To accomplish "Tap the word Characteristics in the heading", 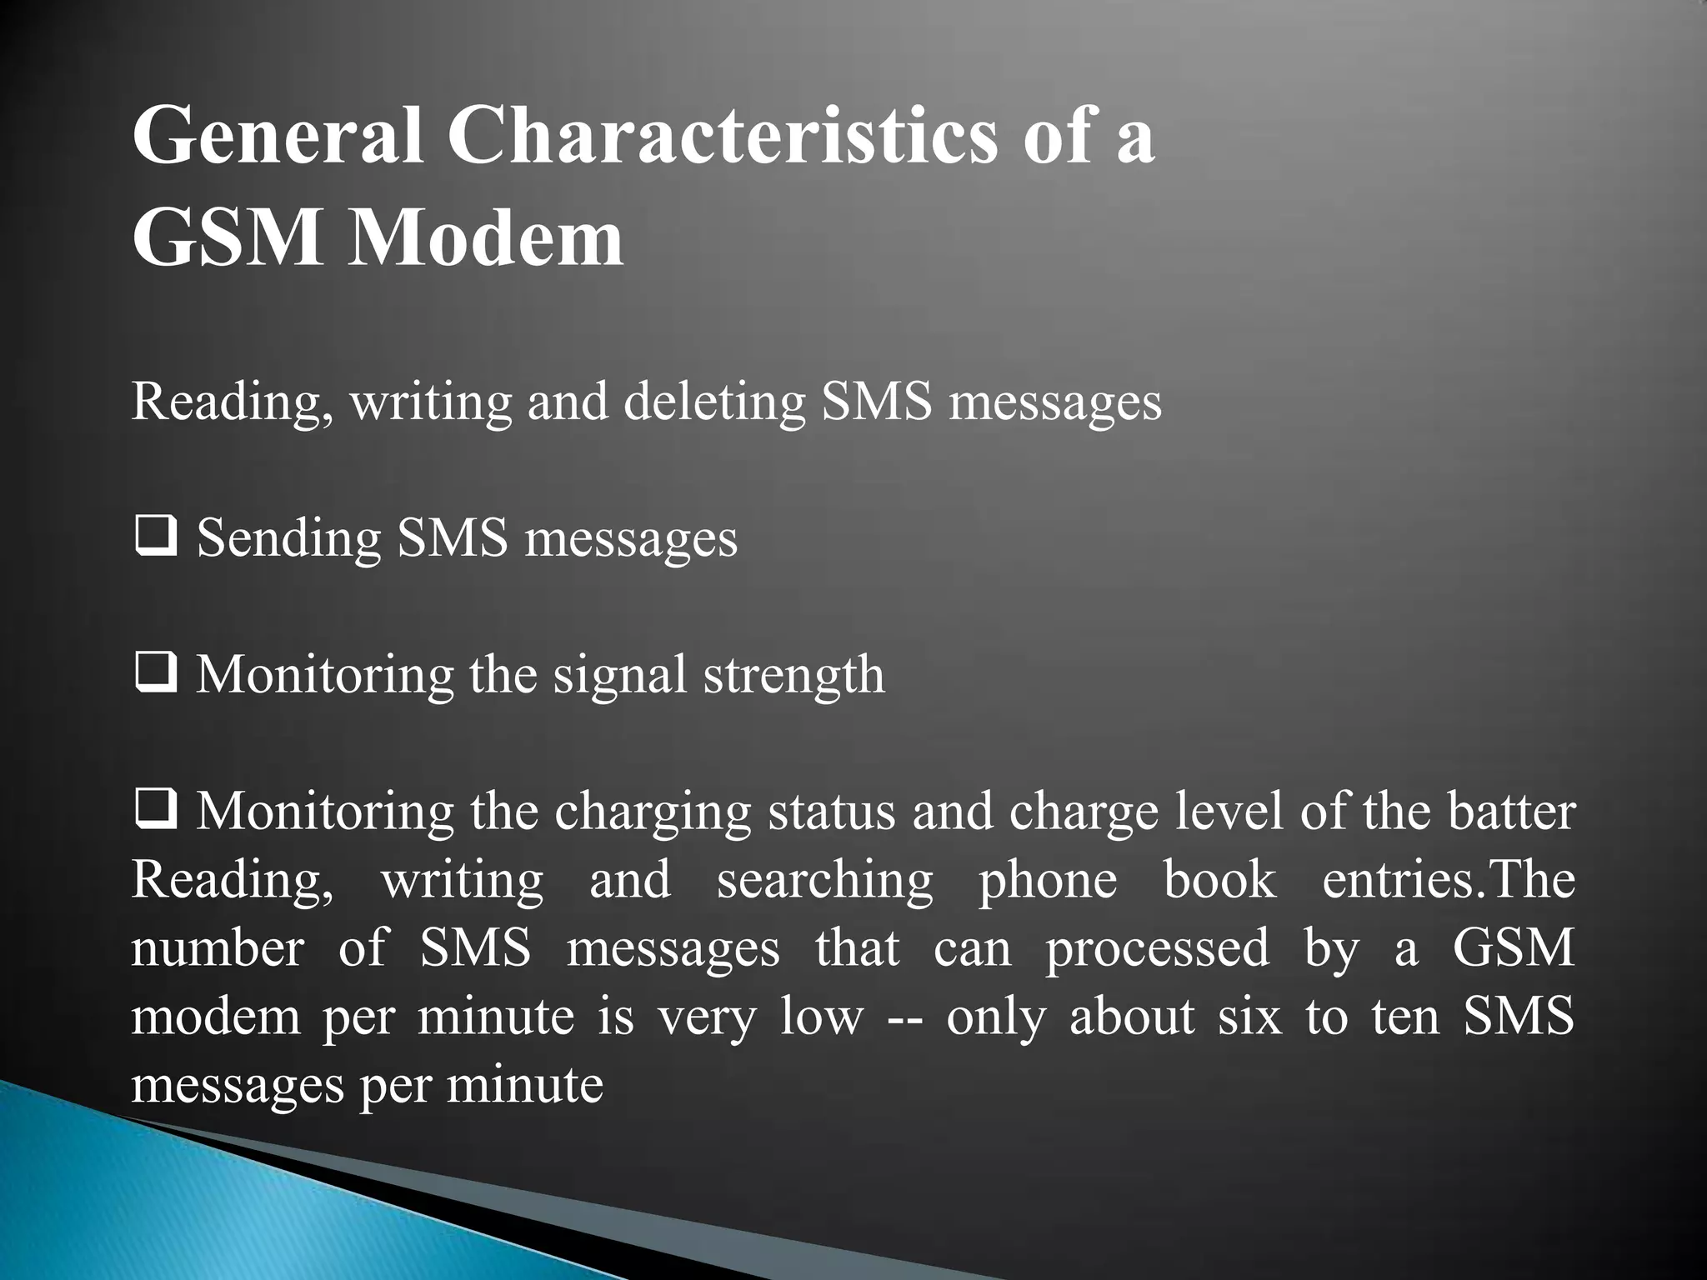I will tap(722, 136).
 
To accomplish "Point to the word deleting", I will tap(715, 402).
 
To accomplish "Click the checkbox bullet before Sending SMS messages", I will tap(154, 538).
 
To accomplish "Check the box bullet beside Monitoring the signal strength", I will tap(154, 675).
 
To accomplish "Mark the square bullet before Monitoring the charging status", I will tap(154, 811).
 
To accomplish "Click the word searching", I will tap(824, 882).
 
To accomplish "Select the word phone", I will tap(1047, 882).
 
